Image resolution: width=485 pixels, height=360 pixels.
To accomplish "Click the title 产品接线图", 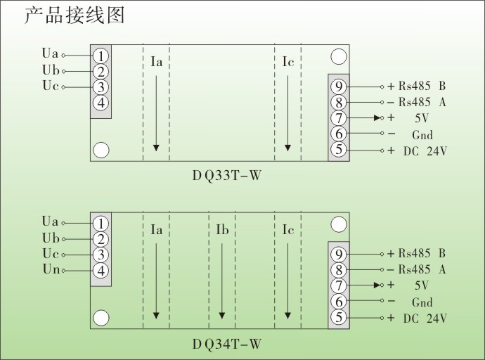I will (x=75, y=15).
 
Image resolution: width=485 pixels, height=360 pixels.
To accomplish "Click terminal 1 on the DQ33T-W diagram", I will (x=101, y=56).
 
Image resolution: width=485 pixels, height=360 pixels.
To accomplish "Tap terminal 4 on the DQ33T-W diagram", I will (x=101, y=103).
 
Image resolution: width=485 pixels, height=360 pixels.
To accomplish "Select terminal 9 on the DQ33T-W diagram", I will (x=339, y=86).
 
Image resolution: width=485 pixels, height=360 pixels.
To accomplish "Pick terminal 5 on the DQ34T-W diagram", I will (x=339, y=318).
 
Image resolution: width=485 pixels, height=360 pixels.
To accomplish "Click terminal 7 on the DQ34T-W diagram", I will (x=339, y=285).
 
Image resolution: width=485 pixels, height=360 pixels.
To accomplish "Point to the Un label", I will (x=51, y=269).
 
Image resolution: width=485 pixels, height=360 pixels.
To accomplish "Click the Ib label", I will (x=221, y=231).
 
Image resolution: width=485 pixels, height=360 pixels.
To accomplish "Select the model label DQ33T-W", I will (x=226, y=176).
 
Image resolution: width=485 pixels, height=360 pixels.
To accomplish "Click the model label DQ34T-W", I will (x=226, y=345).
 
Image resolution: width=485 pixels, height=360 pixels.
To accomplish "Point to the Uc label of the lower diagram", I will (x=51, y=254).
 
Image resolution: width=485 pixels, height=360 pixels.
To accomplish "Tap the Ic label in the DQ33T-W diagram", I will (x=288, y=63).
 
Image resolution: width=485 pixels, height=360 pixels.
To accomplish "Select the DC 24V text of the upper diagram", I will (x=425, y=150).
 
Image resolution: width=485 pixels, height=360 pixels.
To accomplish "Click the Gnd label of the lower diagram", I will (x=422, y=302).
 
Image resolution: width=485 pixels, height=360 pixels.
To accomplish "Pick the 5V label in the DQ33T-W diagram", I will (x=421, y=118).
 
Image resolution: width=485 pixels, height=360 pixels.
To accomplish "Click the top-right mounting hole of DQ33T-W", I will (x=339, y=57).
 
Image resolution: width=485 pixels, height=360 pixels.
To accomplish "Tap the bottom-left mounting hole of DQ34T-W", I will (x=101, y=318).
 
